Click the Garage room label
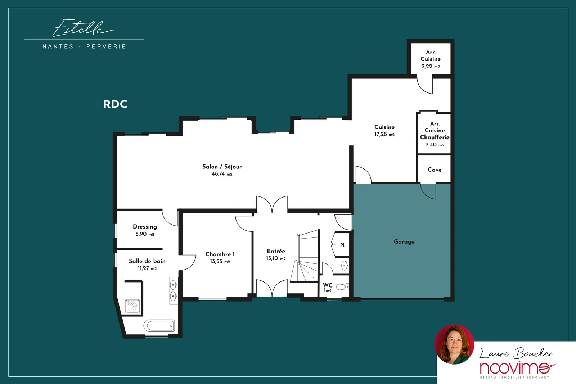(404, 241)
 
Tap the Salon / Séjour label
(222, 167)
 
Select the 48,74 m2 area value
(222, 174)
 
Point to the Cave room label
(435, 170)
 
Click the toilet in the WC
(343, 286)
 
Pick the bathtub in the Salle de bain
(159, 325)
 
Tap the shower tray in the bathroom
(132, 306)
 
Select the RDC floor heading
(115, 104)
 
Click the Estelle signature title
(83, 28)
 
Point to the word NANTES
(58, 46)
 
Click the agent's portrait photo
(454, 345)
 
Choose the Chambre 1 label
(220, 254)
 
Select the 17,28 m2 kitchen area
(384, 134)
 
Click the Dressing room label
(145, 227)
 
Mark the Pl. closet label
(342, 245)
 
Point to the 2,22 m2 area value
(431, 66)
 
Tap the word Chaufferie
(435, 137)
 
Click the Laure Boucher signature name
(516, 353)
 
